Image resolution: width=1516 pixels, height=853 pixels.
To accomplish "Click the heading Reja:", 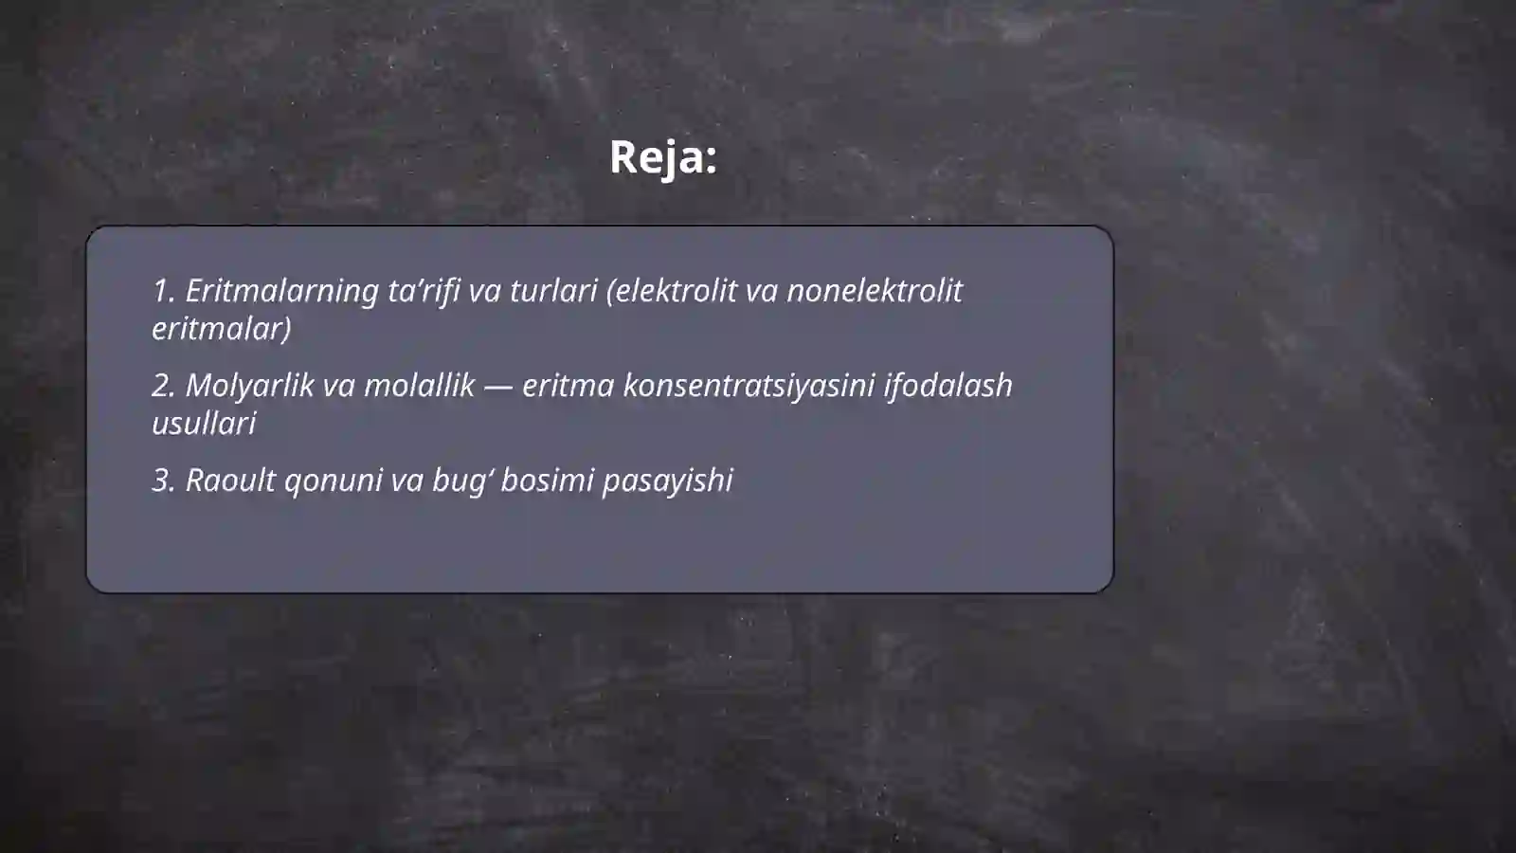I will pos(662,157).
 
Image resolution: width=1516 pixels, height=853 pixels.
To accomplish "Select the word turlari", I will pos(553,291).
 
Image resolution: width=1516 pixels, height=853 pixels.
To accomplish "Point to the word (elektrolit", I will pos(676,291).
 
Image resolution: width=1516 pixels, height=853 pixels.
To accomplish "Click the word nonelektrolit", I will pos(874,291).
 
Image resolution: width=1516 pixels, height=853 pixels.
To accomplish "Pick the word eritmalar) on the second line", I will pos(222,329).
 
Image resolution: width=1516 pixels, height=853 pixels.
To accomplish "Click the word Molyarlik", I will pos(249,386).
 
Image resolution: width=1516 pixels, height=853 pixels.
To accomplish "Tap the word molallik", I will pos(419,386).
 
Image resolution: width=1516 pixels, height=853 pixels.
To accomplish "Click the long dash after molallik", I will pos(498,387).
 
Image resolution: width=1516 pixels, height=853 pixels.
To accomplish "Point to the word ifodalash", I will pos(947,386).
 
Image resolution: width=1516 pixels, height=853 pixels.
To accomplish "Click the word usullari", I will pos(204,424).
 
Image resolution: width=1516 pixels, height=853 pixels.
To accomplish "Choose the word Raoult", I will pos(230,481).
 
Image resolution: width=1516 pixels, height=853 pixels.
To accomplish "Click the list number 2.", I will pos(162,386).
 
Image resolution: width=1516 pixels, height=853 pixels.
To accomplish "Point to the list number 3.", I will pos(162,481).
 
